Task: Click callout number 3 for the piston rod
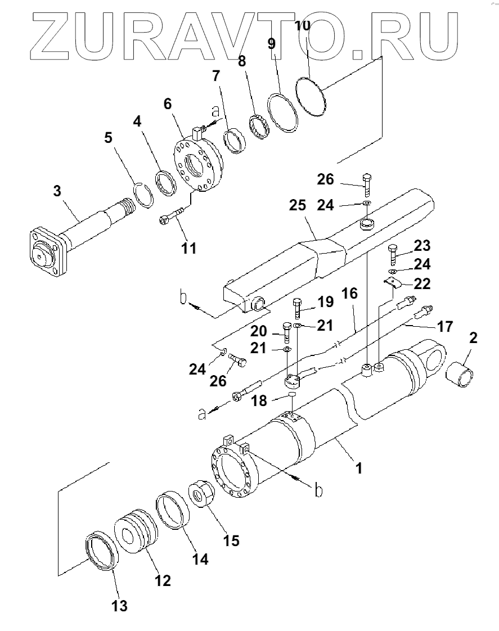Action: (57, 191)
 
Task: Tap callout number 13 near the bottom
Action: (119, 606)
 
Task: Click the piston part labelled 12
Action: (136, 535)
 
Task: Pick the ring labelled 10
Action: (310, 97)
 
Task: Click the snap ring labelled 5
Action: (143, 195)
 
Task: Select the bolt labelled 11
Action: (172, 216)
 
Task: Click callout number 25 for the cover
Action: (298, 205)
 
